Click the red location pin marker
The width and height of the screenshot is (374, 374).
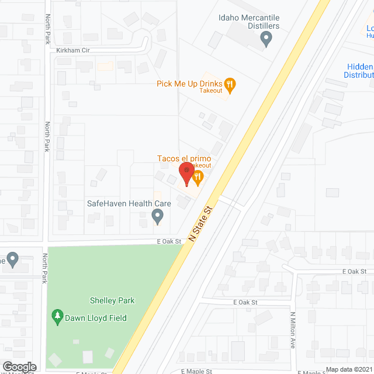coord(186,174)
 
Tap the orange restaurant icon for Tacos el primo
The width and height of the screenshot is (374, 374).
coord(198,176)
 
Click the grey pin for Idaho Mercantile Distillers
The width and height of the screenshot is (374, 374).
coord(266,40)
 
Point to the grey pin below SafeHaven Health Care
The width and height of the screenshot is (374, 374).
coord(157,217)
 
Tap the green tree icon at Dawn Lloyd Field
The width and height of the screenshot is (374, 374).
coord(57,317)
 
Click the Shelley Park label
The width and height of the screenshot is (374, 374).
coord(112,300)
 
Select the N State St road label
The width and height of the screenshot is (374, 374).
coord(199,225)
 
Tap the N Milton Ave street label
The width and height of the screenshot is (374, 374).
coord(293,330)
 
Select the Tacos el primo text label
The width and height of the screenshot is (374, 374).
coord(183,158)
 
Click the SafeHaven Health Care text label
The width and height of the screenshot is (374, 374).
coord(129,203)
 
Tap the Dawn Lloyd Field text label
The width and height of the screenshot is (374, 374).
coord(96,318)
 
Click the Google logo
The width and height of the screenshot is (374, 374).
coord(19,367)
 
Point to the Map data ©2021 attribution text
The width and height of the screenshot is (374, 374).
coord(349,369)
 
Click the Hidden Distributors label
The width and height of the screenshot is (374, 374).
coord(359,71)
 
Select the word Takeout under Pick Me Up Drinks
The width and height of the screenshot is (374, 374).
coord(210,91)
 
